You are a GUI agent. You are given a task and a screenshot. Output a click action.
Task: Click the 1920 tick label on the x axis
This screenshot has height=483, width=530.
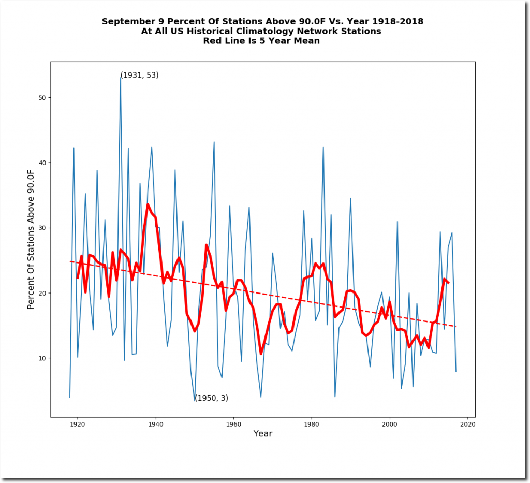click(77, 425)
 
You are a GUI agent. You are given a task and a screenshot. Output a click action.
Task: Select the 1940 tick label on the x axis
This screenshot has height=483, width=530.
click(155, 425)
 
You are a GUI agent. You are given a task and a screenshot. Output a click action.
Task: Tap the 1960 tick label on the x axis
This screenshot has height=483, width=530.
click(233, 425)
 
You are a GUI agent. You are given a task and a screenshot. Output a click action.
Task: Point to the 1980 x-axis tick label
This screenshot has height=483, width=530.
click(312, 425)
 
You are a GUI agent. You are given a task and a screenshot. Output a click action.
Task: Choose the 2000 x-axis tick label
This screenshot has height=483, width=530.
click(389, 425)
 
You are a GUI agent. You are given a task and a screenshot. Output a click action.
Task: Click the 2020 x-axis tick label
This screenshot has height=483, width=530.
click(467, 425)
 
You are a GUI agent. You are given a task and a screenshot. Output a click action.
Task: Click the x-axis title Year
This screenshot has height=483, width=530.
click(262, 434)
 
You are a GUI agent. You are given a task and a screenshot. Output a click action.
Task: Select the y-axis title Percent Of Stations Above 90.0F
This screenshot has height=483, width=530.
click(31, 240)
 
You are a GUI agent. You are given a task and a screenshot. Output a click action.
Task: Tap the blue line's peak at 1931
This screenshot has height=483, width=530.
click(120, 78)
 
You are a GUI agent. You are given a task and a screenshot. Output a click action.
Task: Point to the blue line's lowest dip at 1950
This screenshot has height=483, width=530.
click(195, 401)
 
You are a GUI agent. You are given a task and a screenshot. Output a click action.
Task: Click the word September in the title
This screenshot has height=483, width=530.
click(125, 22)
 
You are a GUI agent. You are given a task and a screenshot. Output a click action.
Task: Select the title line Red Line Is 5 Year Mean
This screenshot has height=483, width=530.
click(262, 41)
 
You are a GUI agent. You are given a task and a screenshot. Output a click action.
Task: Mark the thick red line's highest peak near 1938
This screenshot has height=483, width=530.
click(148, 204)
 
